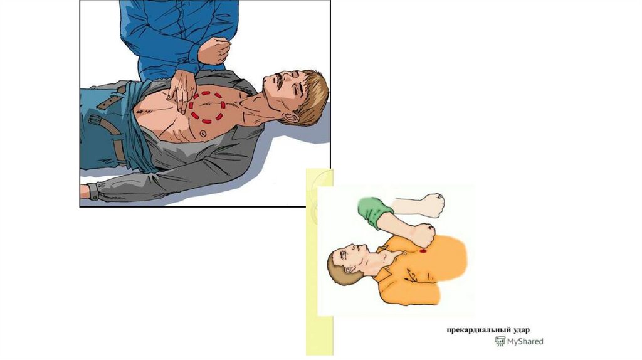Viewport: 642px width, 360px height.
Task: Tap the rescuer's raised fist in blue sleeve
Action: click(x=214, y=50)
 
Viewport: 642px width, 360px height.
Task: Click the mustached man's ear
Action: click(x=291, y=117)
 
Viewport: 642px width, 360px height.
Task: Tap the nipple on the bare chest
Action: click(x=203, y=134)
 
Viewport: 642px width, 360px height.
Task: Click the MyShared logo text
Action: click(x=525, y=341)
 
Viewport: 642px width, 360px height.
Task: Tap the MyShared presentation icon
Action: click(x=500, y=341)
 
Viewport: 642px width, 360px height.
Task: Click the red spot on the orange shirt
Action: click(x=423, y=250)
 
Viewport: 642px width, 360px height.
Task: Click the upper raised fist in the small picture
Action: click(x=433, y=205)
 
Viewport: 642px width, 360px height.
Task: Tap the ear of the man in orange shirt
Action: click(x=349, y=270)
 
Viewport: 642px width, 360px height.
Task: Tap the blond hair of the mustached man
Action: click(x=313, y=96)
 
